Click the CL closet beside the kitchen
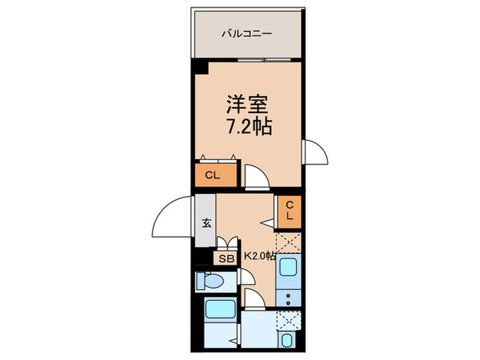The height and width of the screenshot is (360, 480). click(289, 210)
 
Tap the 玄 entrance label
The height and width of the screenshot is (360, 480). click(205, 221)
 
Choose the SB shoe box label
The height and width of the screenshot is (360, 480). click(226, 258)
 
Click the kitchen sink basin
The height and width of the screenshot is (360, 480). click(287, 270)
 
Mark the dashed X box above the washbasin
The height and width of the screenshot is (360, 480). click(289, 320)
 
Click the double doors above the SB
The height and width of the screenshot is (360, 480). click(227, 243)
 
